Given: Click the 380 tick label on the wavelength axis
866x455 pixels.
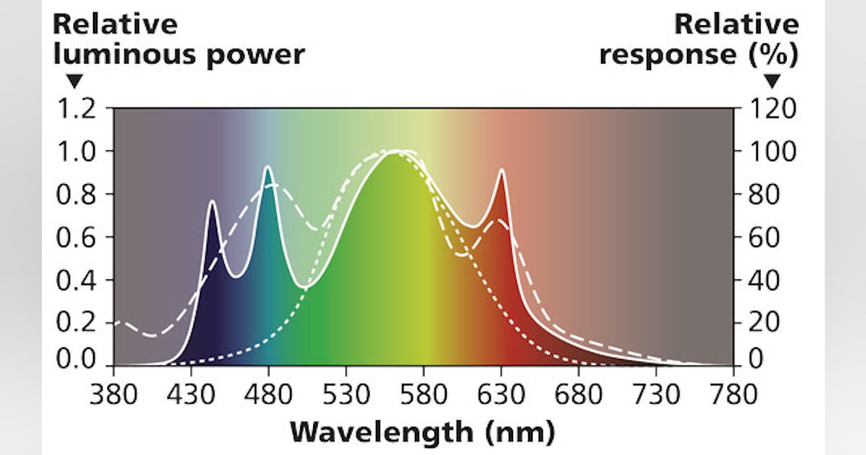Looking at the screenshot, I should [x=113, y=395].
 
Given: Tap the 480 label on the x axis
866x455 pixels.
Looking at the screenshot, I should [x=268, y=395].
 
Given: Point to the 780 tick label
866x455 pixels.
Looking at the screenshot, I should [x=733, y=395].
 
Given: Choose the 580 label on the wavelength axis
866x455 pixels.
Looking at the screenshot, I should [x=423, y=395].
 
